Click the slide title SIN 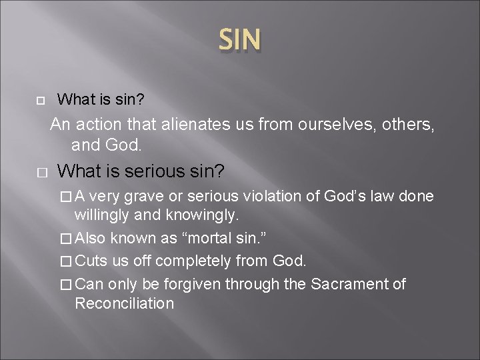click(x=240, y=40)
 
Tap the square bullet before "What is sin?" click(x=40, y=101)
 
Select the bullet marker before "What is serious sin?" click(x=41, y=172)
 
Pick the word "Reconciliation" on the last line click(x=124, y=303)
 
